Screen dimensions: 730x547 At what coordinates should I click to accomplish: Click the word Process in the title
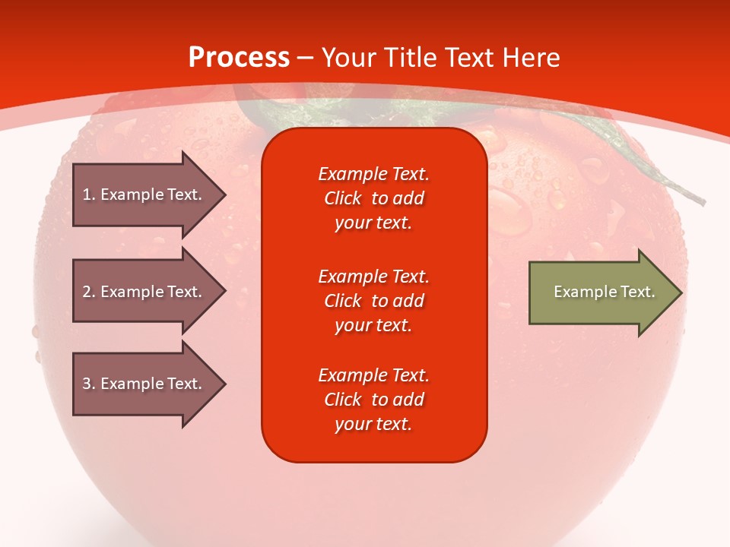coord(240,58)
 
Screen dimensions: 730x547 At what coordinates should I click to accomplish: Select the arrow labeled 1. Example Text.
coord(150,194)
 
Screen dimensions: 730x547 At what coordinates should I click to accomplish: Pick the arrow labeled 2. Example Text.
coord(150,291)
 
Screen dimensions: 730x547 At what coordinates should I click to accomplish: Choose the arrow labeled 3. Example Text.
coord(150,384)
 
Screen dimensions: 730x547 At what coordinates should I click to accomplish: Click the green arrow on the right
coord(606,292)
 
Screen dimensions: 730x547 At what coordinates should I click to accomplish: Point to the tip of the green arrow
coord(683,292)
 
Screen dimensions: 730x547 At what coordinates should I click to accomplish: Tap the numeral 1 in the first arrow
coord(86,194)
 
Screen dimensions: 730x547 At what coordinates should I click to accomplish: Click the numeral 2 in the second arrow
coord(87,292)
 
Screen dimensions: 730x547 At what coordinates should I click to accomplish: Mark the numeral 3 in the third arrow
coord(87,384)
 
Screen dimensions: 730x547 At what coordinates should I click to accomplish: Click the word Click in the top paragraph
coord(343,198)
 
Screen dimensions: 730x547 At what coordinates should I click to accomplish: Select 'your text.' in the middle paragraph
coord(373,326)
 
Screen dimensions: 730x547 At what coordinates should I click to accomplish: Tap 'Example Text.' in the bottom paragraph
coord(374,375)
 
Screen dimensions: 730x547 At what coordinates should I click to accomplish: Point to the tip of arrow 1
coord(227,194)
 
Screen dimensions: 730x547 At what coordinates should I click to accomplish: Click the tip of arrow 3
coord(227,384)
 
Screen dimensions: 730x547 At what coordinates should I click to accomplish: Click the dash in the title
coord(306,59)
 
